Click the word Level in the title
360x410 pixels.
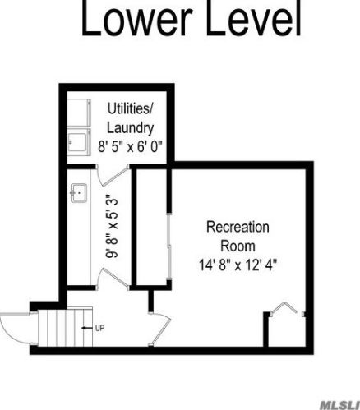click(254, 18)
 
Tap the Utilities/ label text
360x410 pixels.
click(130, 109)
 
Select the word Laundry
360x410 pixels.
click(130, 128)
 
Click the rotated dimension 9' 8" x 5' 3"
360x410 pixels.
click(112, 226)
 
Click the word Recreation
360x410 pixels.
click(238, 227)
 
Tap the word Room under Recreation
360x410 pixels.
click(238, 246)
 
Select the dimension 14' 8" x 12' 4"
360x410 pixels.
click(238, 265)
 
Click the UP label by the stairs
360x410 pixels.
click(99, 328)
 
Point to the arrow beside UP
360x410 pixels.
click(87, 328)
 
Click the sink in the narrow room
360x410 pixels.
click(79, 193)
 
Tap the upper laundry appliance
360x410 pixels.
click(79, 113)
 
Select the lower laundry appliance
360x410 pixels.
click(79, 142)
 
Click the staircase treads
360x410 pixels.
click(65, 327)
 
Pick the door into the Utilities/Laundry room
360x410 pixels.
click(113, 175)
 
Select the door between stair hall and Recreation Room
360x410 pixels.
click(160, 329)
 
